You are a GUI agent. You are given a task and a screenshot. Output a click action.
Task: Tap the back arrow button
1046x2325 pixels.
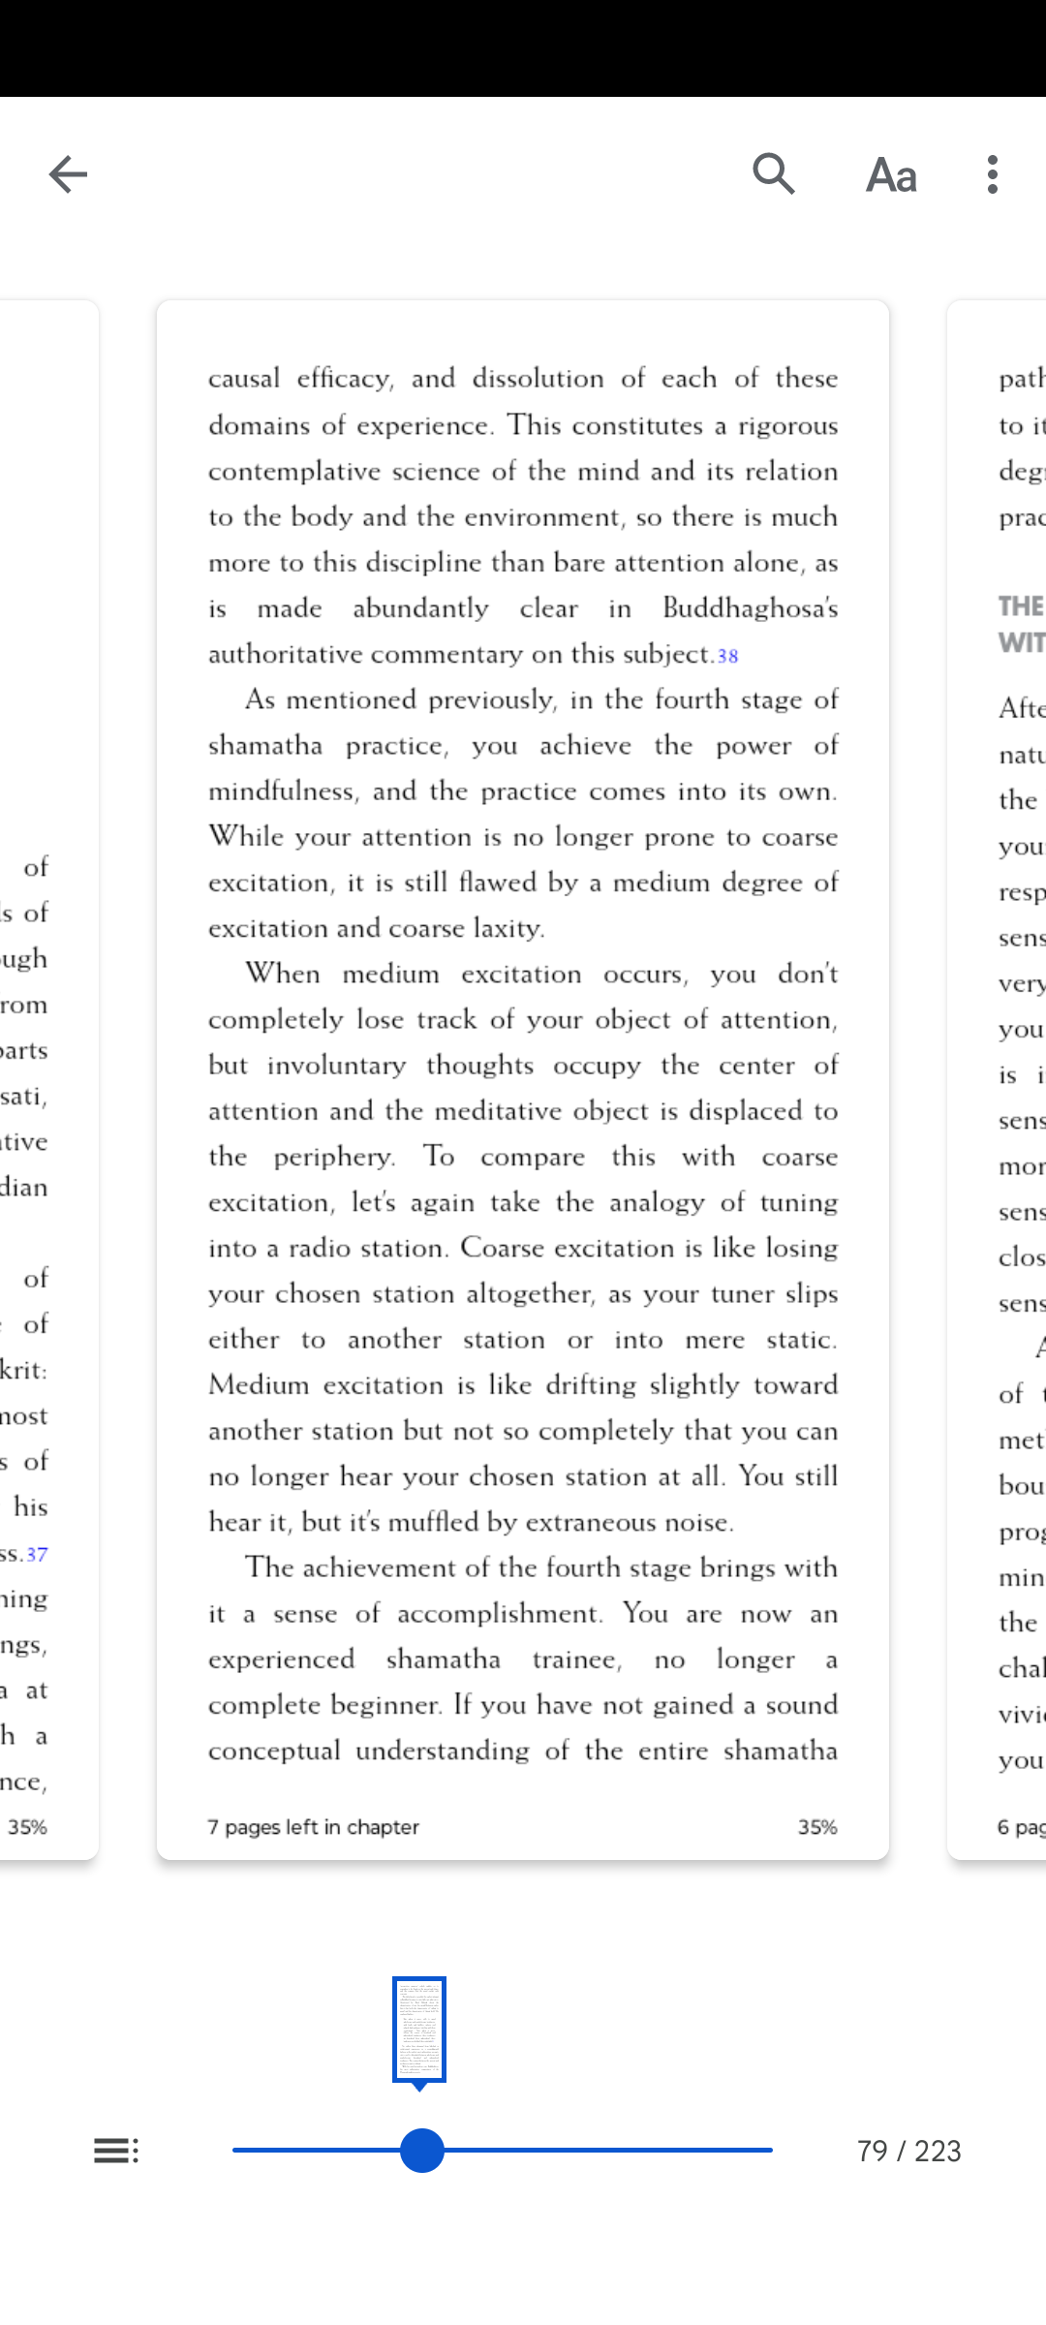68,174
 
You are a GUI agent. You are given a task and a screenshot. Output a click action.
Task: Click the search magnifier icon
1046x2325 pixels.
774,174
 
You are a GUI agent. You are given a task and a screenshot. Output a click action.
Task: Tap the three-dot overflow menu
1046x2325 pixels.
993,174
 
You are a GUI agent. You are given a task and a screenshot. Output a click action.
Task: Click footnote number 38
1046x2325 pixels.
727,656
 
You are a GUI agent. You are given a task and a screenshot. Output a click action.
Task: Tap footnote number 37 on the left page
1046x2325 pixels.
37,1555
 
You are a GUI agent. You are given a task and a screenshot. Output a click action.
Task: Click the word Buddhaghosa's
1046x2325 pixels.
750,608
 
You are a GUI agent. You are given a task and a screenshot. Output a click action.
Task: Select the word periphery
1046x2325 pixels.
333,1157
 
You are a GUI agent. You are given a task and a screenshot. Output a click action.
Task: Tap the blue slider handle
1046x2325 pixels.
422,2151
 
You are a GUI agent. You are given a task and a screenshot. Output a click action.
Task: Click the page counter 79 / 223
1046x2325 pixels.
908,2151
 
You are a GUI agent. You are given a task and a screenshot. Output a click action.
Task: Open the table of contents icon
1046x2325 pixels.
116,2151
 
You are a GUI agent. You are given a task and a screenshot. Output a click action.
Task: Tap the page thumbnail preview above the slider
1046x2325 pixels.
419,2030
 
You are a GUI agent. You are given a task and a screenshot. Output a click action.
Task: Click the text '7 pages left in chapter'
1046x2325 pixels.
314,1827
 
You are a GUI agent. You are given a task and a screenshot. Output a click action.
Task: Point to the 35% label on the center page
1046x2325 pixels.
817,1827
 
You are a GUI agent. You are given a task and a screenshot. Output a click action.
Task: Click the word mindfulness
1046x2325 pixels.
282,791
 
